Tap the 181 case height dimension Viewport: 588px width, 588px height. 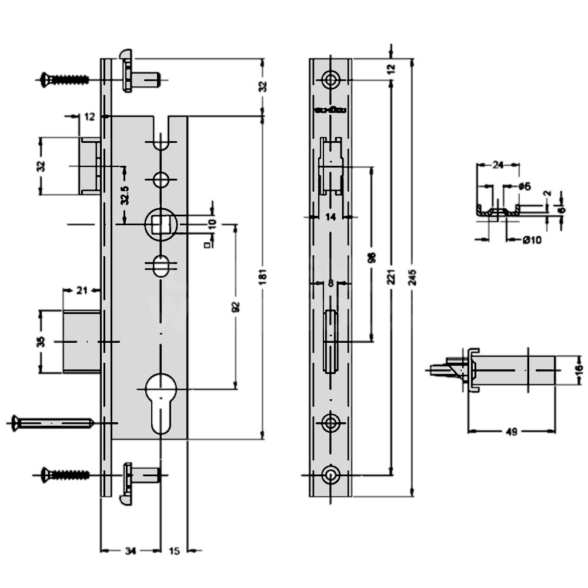coord(263,275)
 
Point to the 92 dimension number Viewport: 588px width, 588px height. coord(236,306)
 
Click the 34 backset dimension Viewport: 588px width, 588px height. coord(130,551)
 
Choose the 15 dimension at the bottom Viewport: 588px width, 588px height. coord(174,551)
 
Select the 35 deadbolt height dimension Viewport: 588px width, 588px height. coord(41,341)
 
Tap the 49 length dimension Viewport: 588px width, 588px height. coord(511,432)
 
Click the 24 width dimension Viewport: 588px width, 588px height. coord(498,165)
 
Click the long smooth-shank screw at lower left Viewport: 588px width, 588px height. coord(50,423)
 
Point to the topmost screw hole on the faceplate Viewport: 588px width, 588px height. coord(331,80)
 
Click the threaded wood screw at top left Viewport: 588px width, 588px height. coord(65,78)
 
